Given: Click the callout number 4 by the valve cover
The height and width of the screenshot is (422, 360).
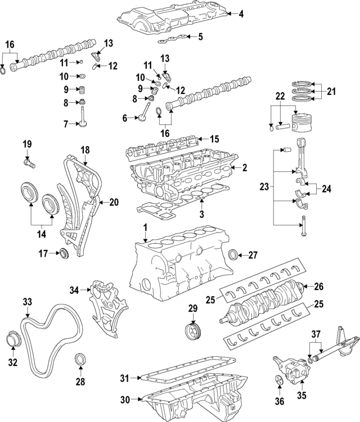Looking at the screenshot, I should [x=241, y=14].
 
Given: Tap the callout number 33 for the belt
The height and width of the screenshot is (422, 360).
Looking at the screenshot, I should [x=27, y=302].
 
